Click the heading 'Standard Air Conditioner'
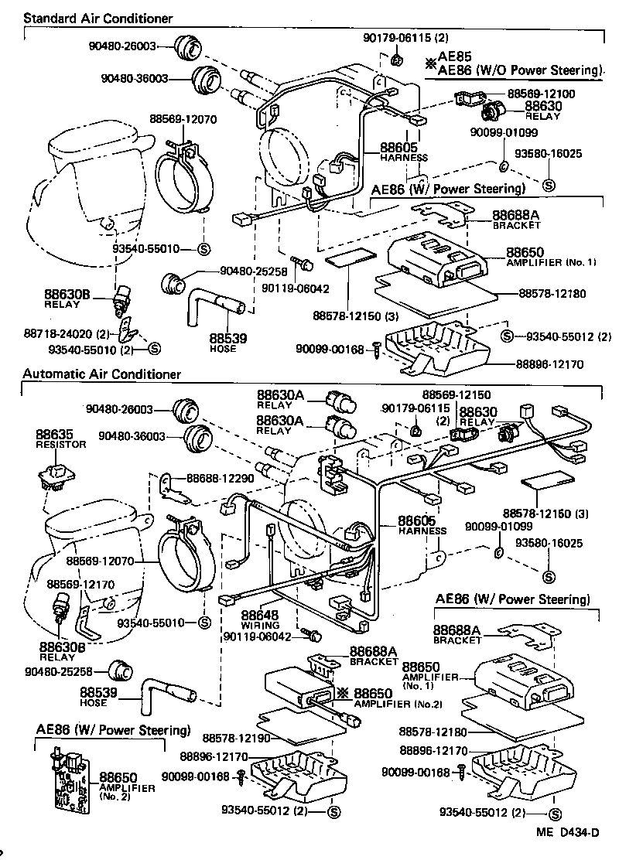pos(97,18)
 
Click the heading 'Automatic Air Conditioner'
pos(101,374)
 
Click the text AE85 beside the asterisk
pos(454,56)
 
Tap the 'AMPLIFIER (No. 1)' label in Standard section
pos(551,263)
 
